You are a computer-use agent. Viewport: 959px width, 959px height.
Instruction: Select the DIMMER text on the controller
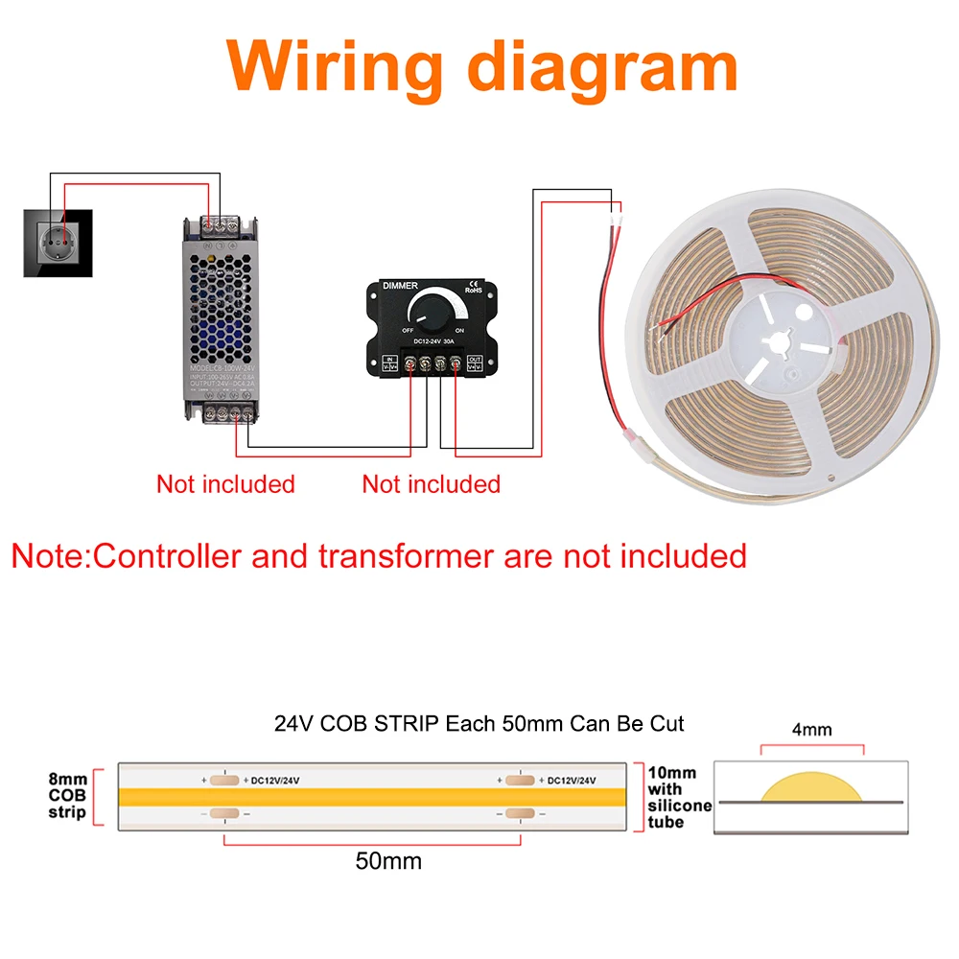[x=400, y=286]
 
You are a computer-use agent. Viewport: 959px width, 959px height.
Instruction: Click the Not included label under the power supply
[x=225, y=484]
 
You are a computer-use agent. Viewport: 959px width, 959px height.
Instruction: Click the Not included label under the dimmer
[x=432, y=484]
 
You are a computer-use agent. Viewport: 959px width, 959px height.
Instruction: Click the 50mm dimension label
[x=388, y=861]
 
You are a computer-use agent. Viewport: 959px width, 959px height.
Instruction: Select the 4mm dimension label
[x=811, y=730]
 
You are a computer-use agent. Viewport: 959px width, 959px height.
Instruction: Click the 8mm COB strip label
[x=68, y=796]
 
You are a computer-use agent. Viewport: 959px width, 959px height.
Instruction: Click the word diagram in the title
[x=595, y=64]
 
